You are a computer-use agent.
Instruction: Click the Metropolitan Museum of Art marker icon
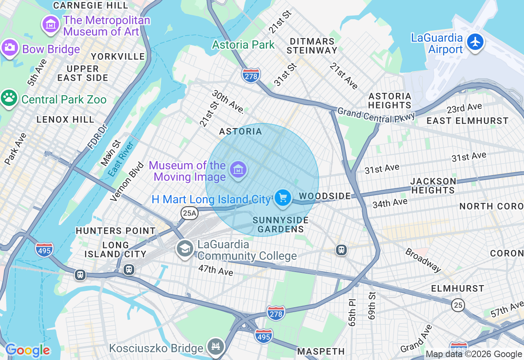tap(51, 24)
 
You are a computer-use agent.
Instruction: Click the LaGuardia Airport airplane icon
tap(475, 42)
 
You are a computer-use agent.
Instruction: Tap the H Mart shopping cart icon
tap(282, 198)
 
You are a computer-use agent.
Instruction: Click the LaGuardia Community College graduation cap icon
tap(185, 248)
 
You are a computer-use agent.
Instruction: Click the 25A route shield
tap(190, 213)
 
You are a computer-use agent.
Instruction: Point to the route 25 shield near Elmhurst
tap(458, 304)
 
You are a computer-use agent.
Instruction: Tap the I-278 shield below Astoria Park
tap(251, 76)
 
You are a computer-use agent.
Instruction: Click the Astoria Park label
tap(243, 45)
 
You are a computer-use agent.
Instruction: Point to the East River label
tap(122, 159)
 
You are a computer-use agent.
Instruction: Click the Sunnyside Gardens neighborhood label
tap(280, 225)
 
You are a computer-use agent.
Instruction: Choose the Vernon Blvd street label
tap(127, 181)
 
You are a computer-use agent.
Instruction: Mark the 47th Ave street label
tap(216, 270)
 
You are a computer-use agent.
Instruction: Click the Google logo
tap(27, 350)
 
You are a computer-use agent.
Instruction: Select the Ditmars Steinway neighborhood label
tap(312, 46)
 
